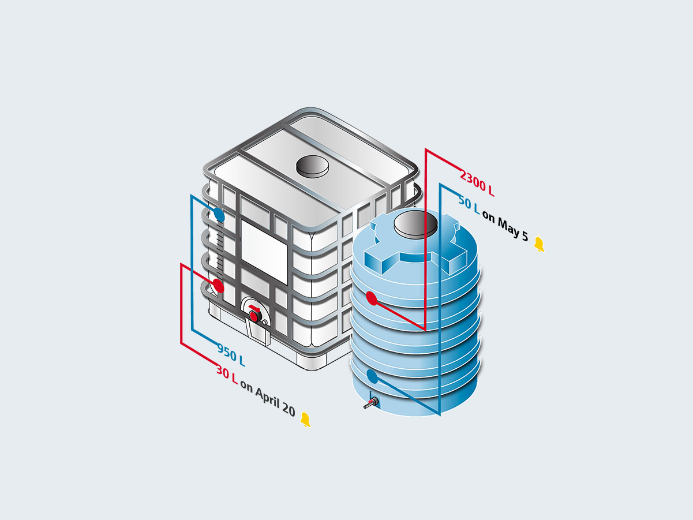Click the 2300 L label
coord(477,181)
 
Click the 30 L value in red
coord(227,373)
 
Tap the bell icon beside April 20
coord(305,420)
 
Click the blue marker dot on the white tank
coord(218,215)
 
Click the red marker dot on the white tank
coord(218,285)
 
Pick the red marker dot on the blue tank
coord(372,298)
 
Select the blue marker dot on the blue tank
coord(372,377)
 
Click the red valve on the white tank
coord(254,316)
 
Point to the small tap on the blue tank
coord(369,403)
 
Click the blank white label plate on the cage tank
coord(264,251)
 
